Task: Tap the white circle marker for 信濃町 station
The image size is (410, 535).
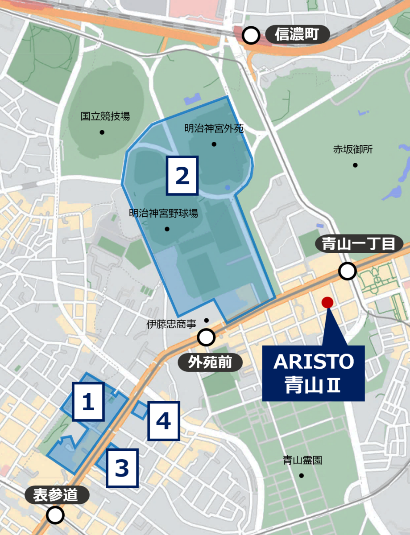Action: click(252, 35)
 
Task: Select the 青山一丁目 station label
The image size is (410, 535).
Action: click(360, 244)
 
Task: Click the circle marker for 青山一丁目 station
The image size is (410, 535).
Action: click(347, 271)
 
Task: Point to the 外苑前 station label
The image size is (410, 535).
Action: click(210, 362)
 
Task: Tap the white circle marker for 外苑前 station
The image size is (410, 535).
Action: click(206, 337)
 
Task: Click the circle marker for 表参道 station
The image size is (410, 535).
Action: click(55, 515)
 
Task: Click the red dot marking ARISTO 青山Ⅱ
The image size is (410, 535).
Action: click(327, 302)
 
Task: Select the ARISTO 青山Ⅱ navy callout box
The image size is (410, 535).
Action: click(313, 373)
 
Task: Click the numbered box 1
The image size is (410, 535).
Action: click(88, 403)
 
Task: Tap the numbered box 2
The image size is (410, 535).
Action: click(182, 176)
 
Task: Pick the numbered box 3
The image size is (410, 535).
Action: click(122, 468)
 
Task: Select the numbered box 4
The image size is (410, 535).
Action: click(163, 421)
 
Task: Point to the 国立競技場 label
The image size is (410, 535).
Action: click(105, 117)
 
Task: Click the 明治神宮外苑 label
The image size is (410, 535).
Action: click(214, 129)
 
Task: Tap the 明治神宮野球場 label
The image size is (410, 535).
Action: click(163, 214)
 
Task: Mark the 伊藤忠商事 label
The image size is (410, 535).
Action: click(171, 325)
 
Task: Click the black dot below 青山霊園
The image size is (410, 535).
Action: click(302, 476)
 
